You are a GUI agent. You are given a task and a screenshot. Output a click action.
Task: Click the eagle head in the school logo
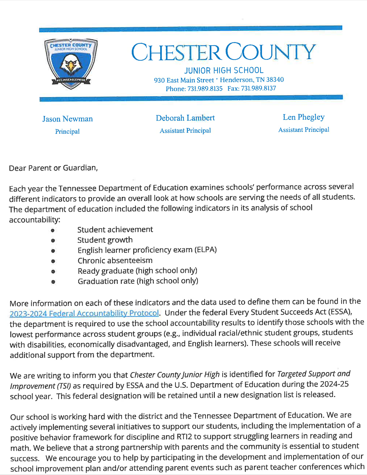point(70,65)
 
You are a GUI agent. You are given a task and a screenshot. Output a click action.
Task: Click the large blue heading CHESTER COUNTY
point(223,52)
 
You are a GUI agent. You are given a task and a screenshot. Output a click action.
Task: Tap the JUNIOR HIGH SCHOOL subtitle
point(224,70)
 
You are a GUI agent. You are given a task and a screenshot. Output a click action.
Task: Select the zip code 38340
point(275,80)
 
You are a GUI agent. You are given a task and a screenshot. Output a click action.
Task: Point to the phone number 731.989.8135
point(205,89)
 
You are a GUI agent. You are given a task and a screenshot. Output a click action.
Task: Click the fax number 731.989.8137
point(258,88)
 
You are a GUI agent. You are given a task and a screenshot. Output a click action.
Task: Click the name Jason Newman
point(67,119)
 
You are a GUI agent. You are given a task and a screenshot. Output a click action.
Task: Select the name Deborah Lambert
point(185,118)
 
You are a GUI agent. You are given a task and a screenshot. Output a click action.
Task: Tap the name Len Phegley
point(304,117)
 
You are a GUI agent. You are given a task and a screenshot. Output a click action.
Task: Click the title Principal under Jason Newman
point(67,132)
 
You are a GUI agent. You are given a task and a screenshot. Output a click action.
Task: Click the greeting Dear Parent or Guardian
point(53,168)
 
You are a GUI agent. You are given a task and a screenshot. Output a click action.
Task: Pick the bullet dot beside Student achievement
point(53,230)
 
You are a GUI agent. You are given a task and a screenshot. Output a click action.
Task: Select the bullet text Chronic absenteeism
point(115,260)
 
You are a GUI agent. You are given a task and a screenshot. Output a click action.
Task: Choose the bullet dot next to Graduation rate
point(53,282)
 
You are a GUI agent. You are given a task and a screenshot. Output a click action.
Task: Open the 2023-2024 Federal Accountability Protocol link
point(84,313)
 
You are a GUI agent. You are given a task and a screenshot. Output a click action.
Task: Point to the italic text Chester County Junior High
point(175,375)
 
